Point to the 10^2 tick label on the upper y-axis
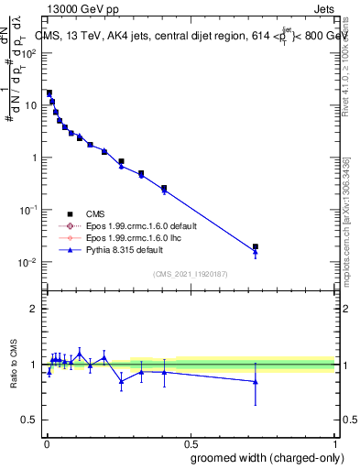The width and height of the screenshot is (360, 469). [27, 52]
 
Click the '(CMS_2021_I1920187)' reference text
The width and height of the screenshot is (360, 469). [189, 273]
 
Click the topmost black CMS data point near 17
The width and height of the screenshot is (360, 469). [49, 93]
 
